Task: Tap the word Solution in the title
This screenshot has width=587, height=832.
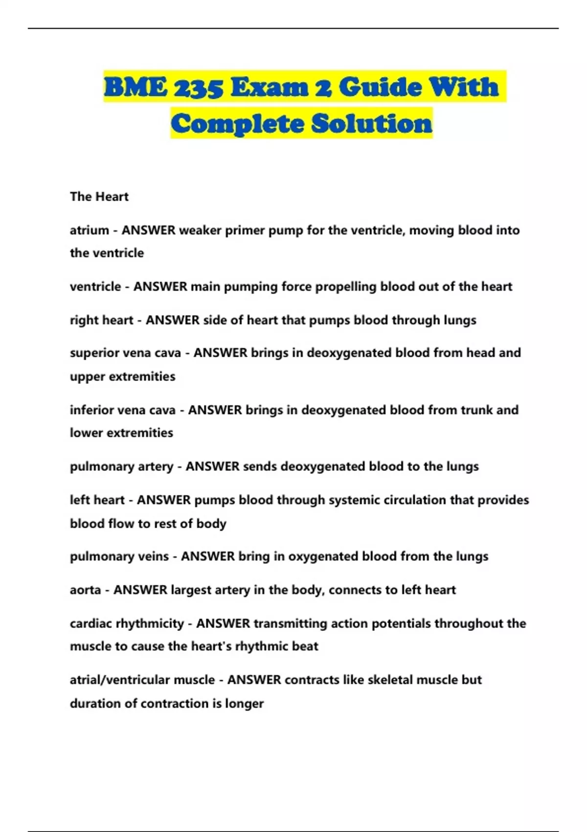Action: click(372, 123)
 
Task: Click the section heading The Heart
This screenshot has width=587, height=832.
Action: click(99, 196)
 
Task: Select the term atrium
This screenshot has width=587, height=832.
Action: click(89, 230)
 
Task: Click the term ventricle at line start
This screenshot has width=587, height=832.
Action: click(95, 286)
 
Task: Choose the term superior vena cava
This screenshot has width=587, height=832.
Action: click(125, 353)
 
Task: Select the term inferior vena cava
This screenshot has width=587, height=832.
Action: click(122, 410)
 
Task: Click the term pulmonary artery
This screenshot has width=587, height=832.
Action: click(121, 466)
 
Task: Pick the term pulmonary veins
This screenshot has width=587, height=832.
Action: click(119, 556)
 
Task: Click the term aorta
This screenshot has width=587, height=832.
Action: click(85, 590)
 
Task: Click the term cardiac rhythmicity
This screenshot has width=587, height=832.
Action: click(127, 624)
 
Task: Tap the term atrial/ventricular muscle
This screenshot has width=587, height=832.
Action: click(142, 680)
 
